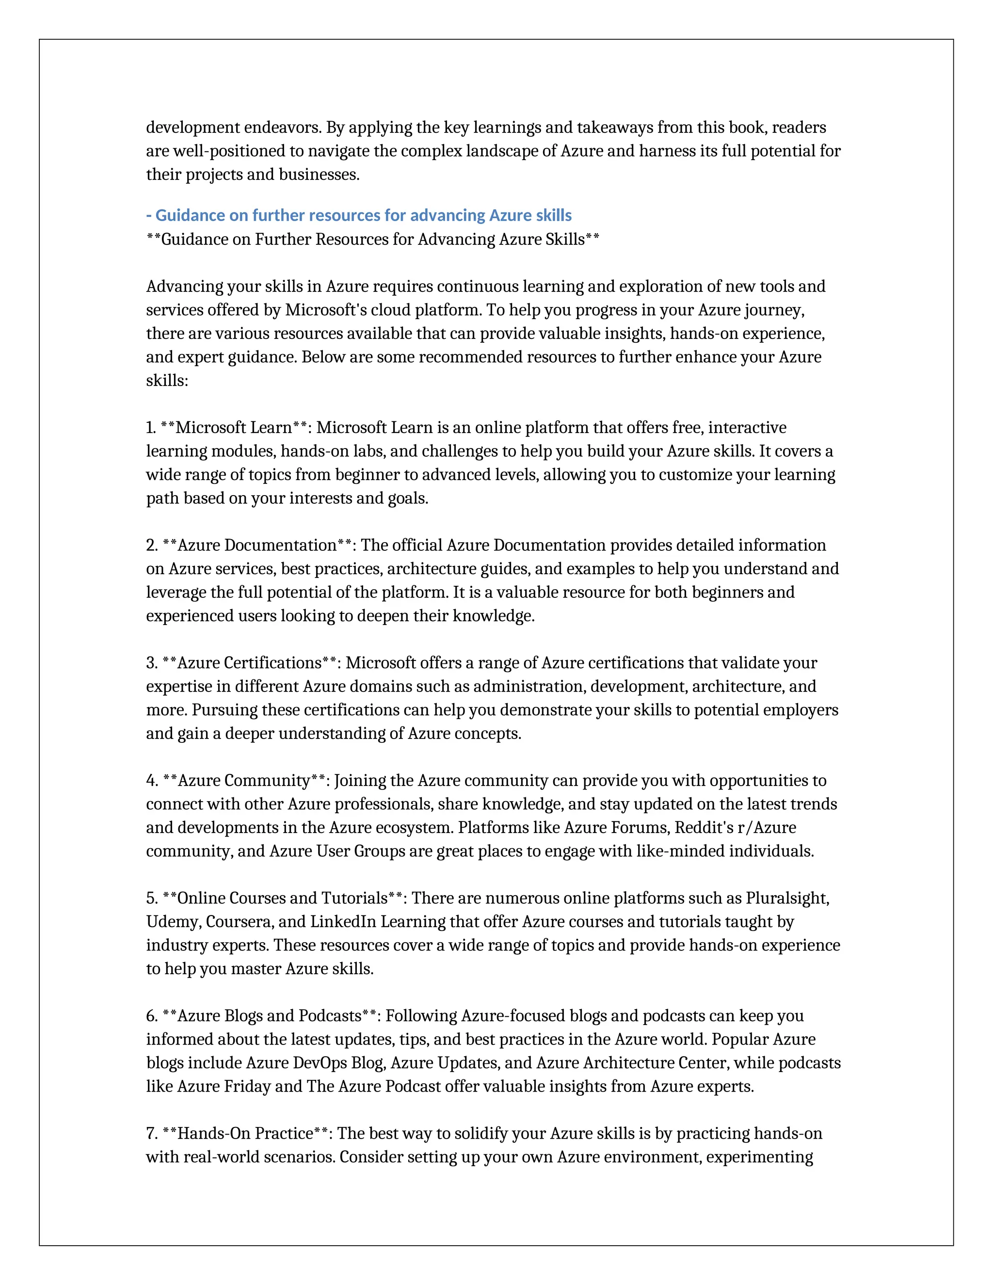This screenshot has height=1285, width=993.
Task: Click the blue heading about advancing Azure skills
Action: pos(359,215)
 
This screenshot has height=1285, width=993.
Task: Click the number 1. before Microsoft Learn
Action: pos(151,427)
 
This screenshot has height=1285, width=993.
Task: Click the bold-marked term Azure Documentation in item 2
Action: pos(257,545)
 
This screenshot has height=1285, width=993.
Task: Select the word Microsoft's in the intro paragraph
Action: pos(326,309)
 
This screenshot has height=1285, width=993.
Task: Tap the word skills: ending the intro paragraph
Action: pos(167,380)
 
